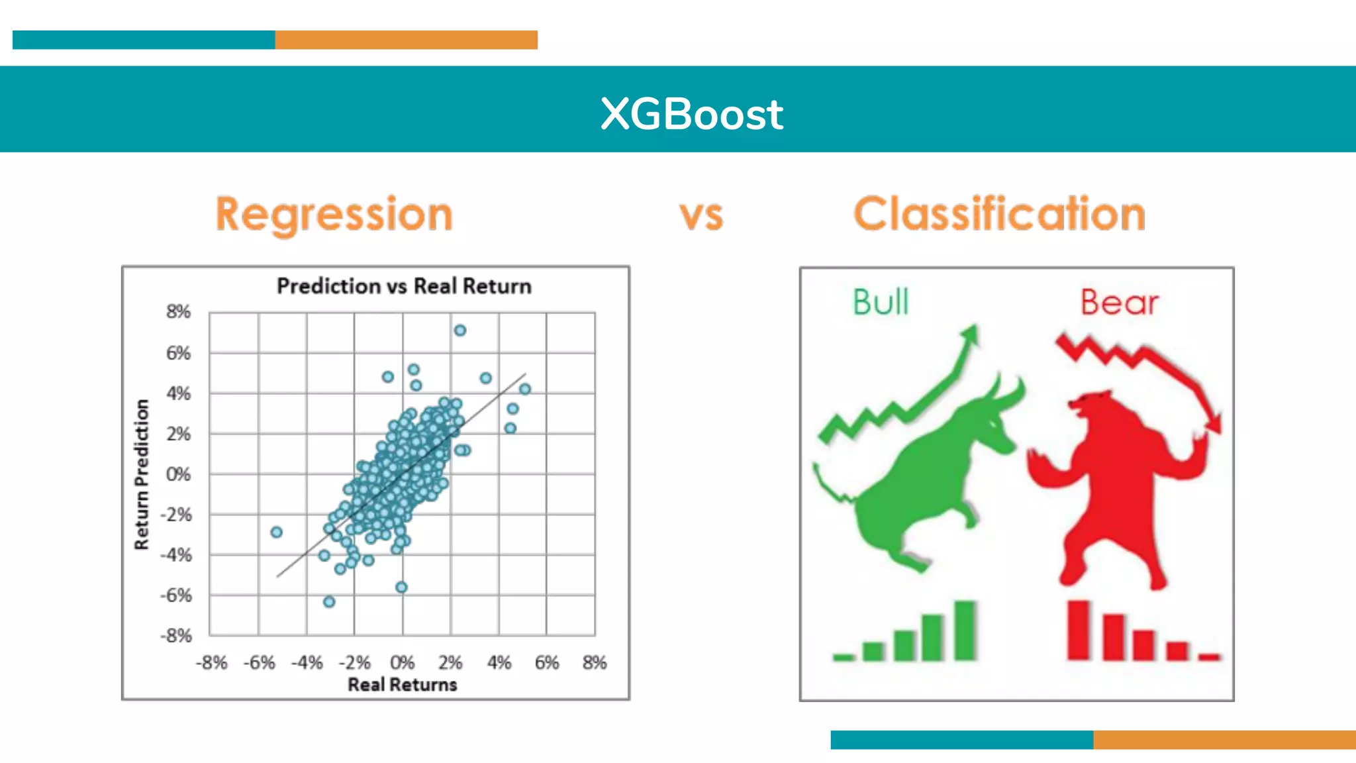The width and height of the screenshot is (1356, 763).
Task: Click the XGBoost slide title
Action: click(x=691, y=114)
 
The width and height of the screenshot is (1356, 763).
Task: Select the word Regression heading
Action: click(x=334, y=214)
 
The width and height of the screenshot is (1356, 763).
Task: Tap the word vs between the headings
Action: click(x=701, y=215)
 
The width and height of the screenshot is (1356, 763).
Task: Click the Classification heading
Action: click(x=999, y=214)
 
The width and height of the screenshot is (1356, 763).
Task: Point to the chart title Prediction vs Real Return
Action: click(x=404, y=286)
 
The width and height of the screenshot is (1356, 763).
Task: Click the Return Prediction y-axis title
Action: click(x=142, y=474)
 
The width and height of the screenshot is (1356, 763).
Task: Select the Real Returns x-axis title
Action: click(x=403, y=684)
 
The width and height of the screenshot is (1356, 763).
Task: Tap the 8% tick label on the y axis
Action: click(x=178, y=312)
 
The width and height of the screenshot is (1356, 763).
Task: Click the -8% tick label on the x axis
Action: click(x=211, y=662)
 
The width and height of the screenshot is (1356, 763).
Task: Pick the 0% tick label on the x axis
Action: click(x=402, y=662)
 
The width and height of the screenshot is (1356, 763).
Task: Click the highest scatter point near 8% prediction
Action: click(x=460, y=331)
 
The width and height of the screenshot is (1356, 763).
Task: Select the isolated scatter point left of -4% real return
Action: click(x=277, y=532)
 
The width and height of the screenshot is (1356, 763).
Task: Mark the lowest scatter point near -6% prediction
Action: click(x=329, y=601)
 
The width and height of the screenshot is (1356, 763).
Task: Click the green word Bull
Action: click(x=881, y=302)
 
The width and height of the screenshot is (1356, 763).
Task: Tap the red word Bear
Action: click(x=1120, y=303)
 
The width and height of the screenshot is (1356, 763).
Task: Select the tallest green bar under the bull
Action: click(x=965, y=630)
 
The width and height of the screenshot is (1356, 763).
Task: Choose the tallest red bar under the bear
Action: click(x=1079, y=630)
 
